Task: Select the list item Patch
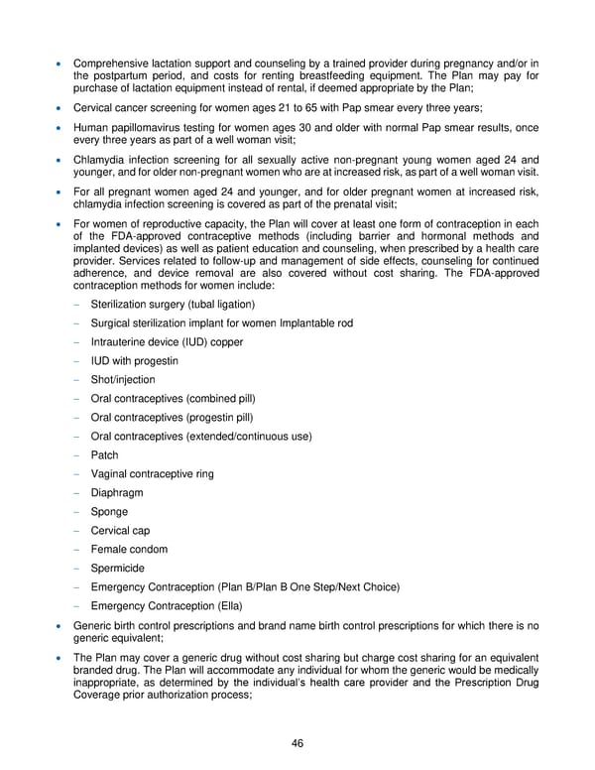pos(104,455)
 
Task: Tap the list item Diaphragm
pos(116,493)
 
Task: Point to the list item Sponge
pos(109,512)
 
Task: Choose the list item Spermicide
pos(117,569)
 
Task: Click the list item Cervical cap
pos(120,531)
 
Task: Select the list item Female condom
pos(129,550)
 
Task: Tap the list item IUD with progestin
pos(134,361)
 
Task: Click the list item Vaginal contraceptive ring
pos(152,474)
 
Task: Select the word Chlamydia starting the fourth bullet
pos(101,159)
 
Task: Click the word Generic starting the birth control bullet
pos(94,626)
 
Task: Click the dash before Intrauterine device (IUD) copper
pos(75,342)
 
